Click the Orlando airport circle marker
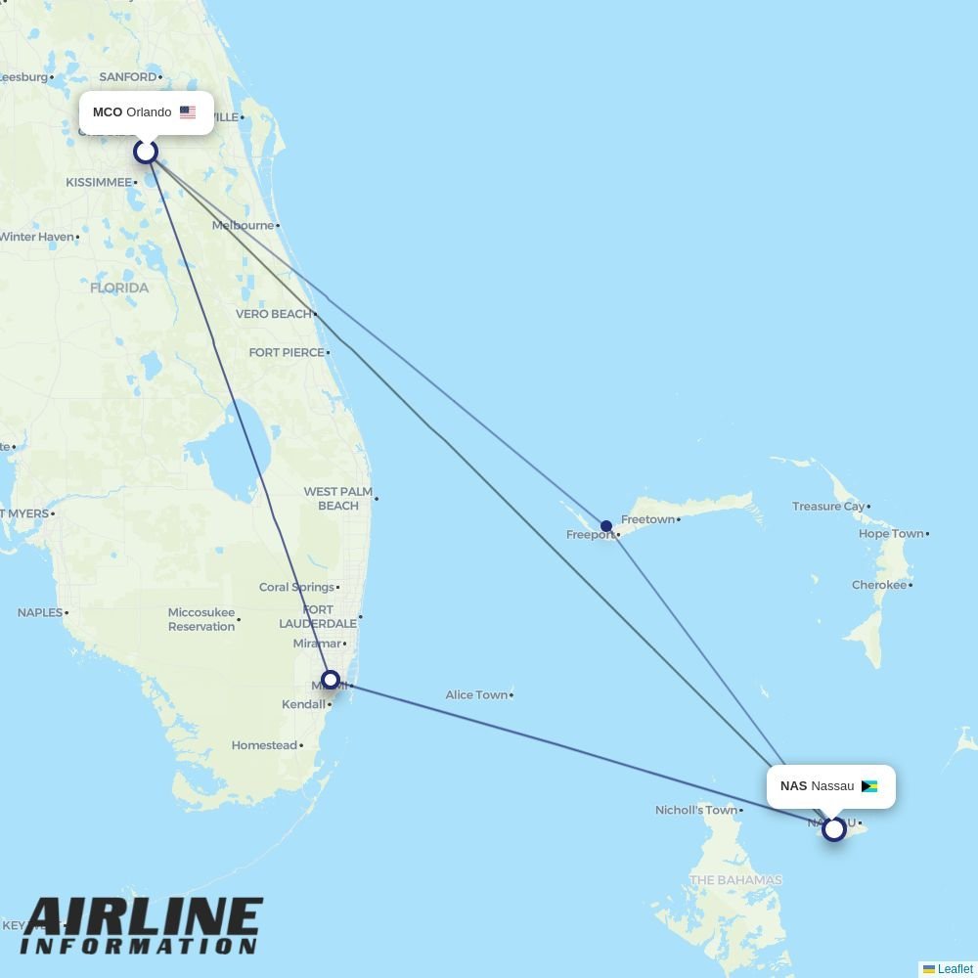tap(146, 152)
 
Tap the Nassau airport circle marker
tap(833, 829)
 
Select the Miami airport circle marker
tap(331, 680)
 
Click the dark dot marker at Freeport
tap(606, 526)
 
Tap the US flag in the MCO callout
tap(188, 112)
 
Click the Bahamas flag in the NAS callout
tap(868, 786)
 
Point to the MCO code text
tap(108, 112)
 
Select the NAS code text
tap(793, 786)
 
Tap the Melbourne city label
tap(244, 225)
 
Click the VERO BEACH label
tap(273, 314)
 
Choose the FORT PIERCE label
tap(286, 352)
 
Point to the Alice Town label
tap(476, 695)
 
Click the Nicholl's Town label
tap(695, 810)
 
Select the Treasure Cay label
tap(828, 507)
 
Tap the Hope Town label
tap(891, 534)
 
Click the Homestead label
tap(264, 745)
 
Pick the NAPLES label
tap(39, 612)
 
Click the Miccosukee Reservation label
tap(201, 619)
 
